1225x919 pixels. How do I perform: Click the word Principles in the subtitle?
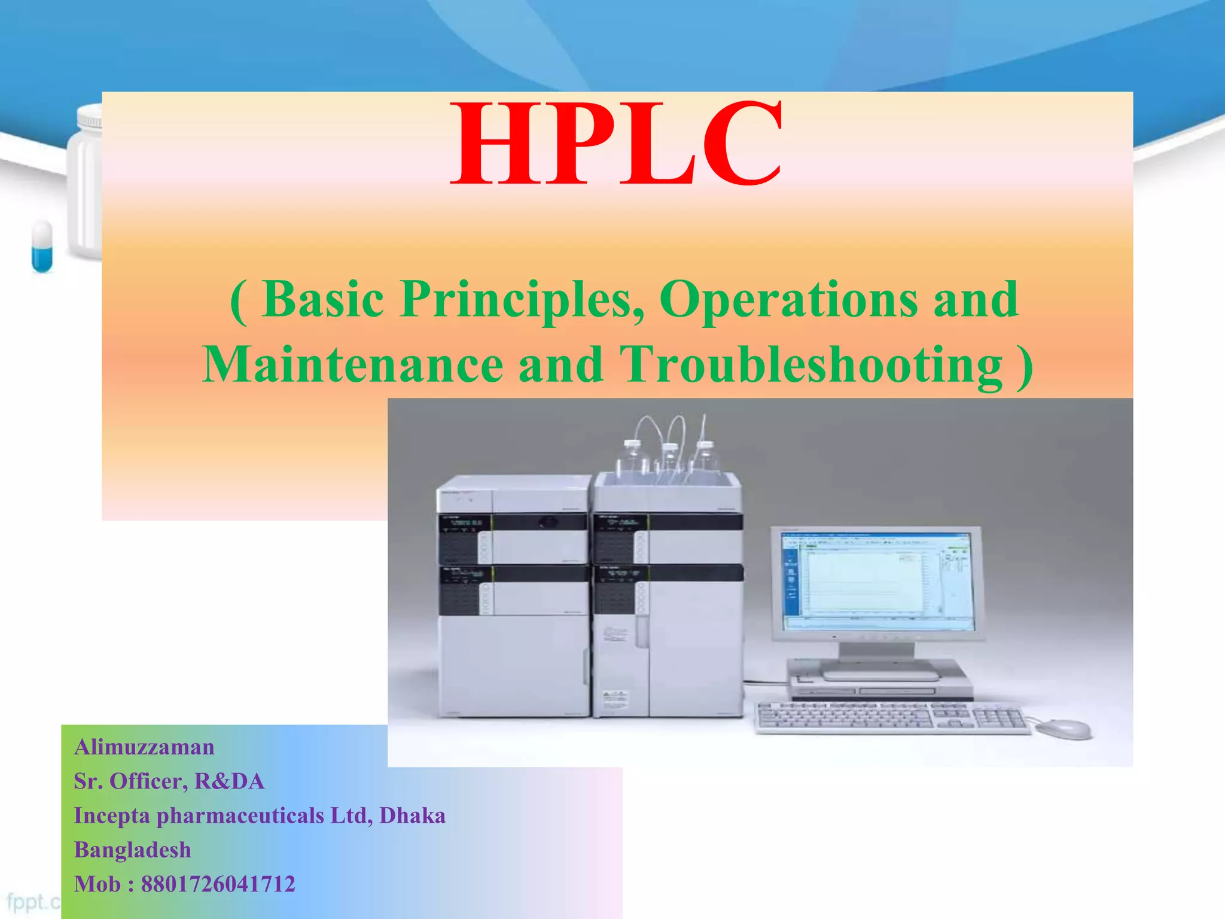517,299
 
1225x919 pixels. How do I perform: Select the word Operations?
788,299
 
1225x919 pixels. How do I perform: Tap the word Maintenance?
353,365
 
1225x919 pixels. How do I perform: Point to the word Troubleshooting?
810,365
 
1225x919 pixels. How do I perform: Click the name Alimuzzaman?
144,747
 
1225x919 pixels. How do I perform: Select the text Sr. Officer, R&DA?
169,781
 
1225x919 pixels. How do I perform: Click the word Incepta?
112,815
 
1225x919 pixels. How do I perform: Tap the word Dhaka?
412,815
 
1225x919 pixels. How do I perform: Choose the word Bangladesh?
133,850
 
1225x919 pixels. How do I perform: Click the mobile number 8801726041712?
218,884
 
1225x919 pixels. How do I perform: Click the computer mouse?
1063,729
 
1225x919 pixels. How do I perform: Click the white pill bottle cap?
90,117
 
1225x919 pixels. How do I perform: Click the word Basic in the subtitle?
323,299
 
